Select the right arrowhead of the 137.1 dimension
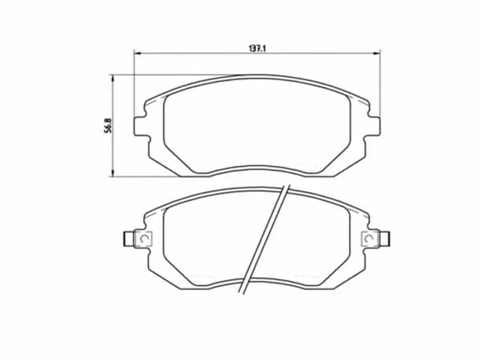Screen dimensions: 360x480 (x=378, y=53)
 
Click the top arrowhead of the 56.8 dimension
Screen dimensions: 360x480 (x=112, y=77)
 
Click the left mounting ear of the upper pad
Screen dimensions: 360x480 (x=140, y=125)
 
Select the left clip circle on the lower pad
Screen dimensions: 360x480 (x=143, y=239)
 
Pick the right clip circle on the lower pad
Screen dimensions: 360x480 (x=370, y=239)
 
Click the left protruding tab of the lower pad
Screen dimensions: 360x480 (x=128, y=239)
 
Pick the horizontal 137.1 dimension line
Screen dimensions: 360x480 (x=198, y=53)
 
